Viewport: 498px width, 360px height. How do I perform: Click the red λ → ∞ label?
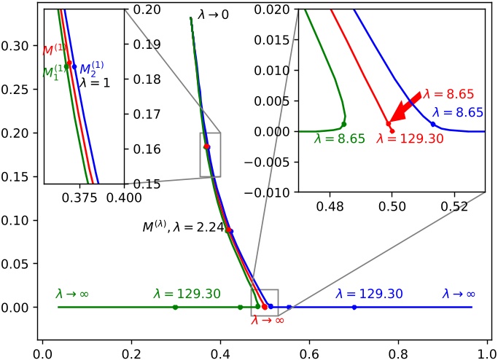pos(268,319)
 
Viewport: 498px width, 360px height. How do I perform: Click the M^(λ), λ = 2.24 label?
pos(180,227)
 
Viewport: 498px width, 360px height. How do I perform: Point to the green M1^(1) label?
pos(52,73)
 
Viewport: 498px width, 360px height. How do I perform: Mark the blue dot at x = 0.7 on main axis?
pos(354,308)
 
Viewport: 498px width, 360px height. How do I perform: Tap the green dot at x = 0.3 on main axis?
pos(175,308)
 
